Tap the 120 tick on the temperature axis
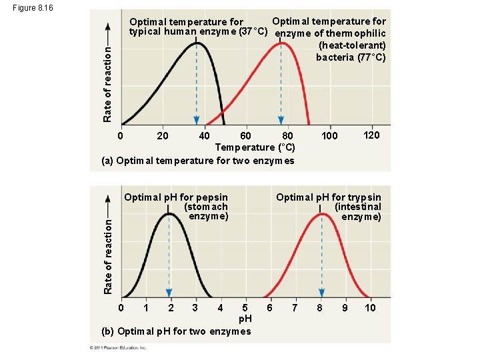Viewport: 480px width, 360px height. tap(372, 135)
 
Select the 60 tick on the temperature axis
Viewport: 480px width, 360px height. tap(245, 136)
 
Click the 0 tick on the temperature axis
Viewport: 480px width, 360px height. tap(120, 136)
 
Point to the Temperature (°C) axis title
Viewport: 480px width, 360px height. tap(255, 147)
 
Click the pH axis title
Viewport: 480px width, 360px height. tap(245, 319)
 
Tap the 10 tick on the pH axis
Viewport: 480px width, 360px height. tap(371, 307)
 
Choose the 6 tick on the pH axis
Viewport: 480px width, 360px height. tap(269, 307)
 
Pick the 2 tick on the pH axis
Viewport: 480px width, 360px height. tap(171, 307)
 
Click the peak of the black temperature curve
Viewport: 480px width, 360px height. tap(196, 42)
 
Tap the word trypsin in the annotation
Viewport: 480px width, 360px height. tap(364, 197)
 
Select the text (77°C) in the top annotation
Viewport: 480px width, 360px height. tap(369, 57)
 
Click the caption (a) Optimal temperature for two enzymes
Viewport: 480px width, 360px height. tap(197, 160)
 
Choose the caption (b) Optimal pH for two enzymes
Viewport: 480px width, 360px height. tap(176, 331)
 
